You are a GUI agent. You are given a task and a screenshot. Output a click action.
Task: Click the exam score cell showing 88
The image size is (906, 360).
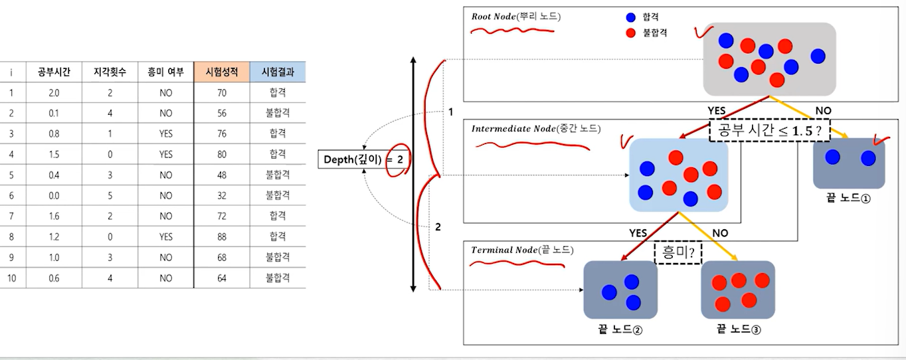tap(222, 236)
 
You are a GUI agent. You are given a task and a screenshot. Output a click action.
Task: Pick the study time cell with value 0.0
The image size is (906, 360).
tap(54, 195)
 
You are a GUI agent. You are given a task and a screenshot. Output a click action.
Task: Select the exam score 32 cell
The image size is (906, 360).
tap(222, 195)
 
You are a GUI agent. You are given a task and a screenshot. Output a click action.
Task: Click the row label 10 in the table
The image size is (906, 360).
tap(12, 278)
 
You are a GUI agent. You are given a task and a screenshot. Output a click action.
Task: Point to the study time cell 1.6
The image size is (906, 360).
tap(54, 216)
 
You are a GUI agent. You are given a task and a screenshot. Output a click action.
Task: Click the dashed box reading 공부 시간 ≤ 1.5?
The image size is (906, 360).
tap(770, 131)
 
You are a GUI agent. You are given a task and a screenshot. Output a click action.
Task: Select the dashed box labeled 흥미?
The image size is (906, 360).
tap(678, 253)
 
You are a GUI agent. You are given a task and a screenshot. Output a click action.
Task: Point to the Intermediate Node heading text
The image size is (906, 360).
tap(535, 128)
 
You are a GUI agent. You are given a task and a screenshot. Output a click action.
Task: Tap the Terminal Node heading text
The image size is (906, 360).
tap(522, 250)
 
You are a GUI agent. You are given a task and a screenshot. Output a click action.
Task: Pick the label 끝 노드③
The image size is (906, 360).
tap(739, 329)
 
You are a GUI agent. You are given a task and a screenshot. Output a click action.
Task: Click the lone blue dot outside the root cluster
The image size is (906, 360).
tap(818, 56)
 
